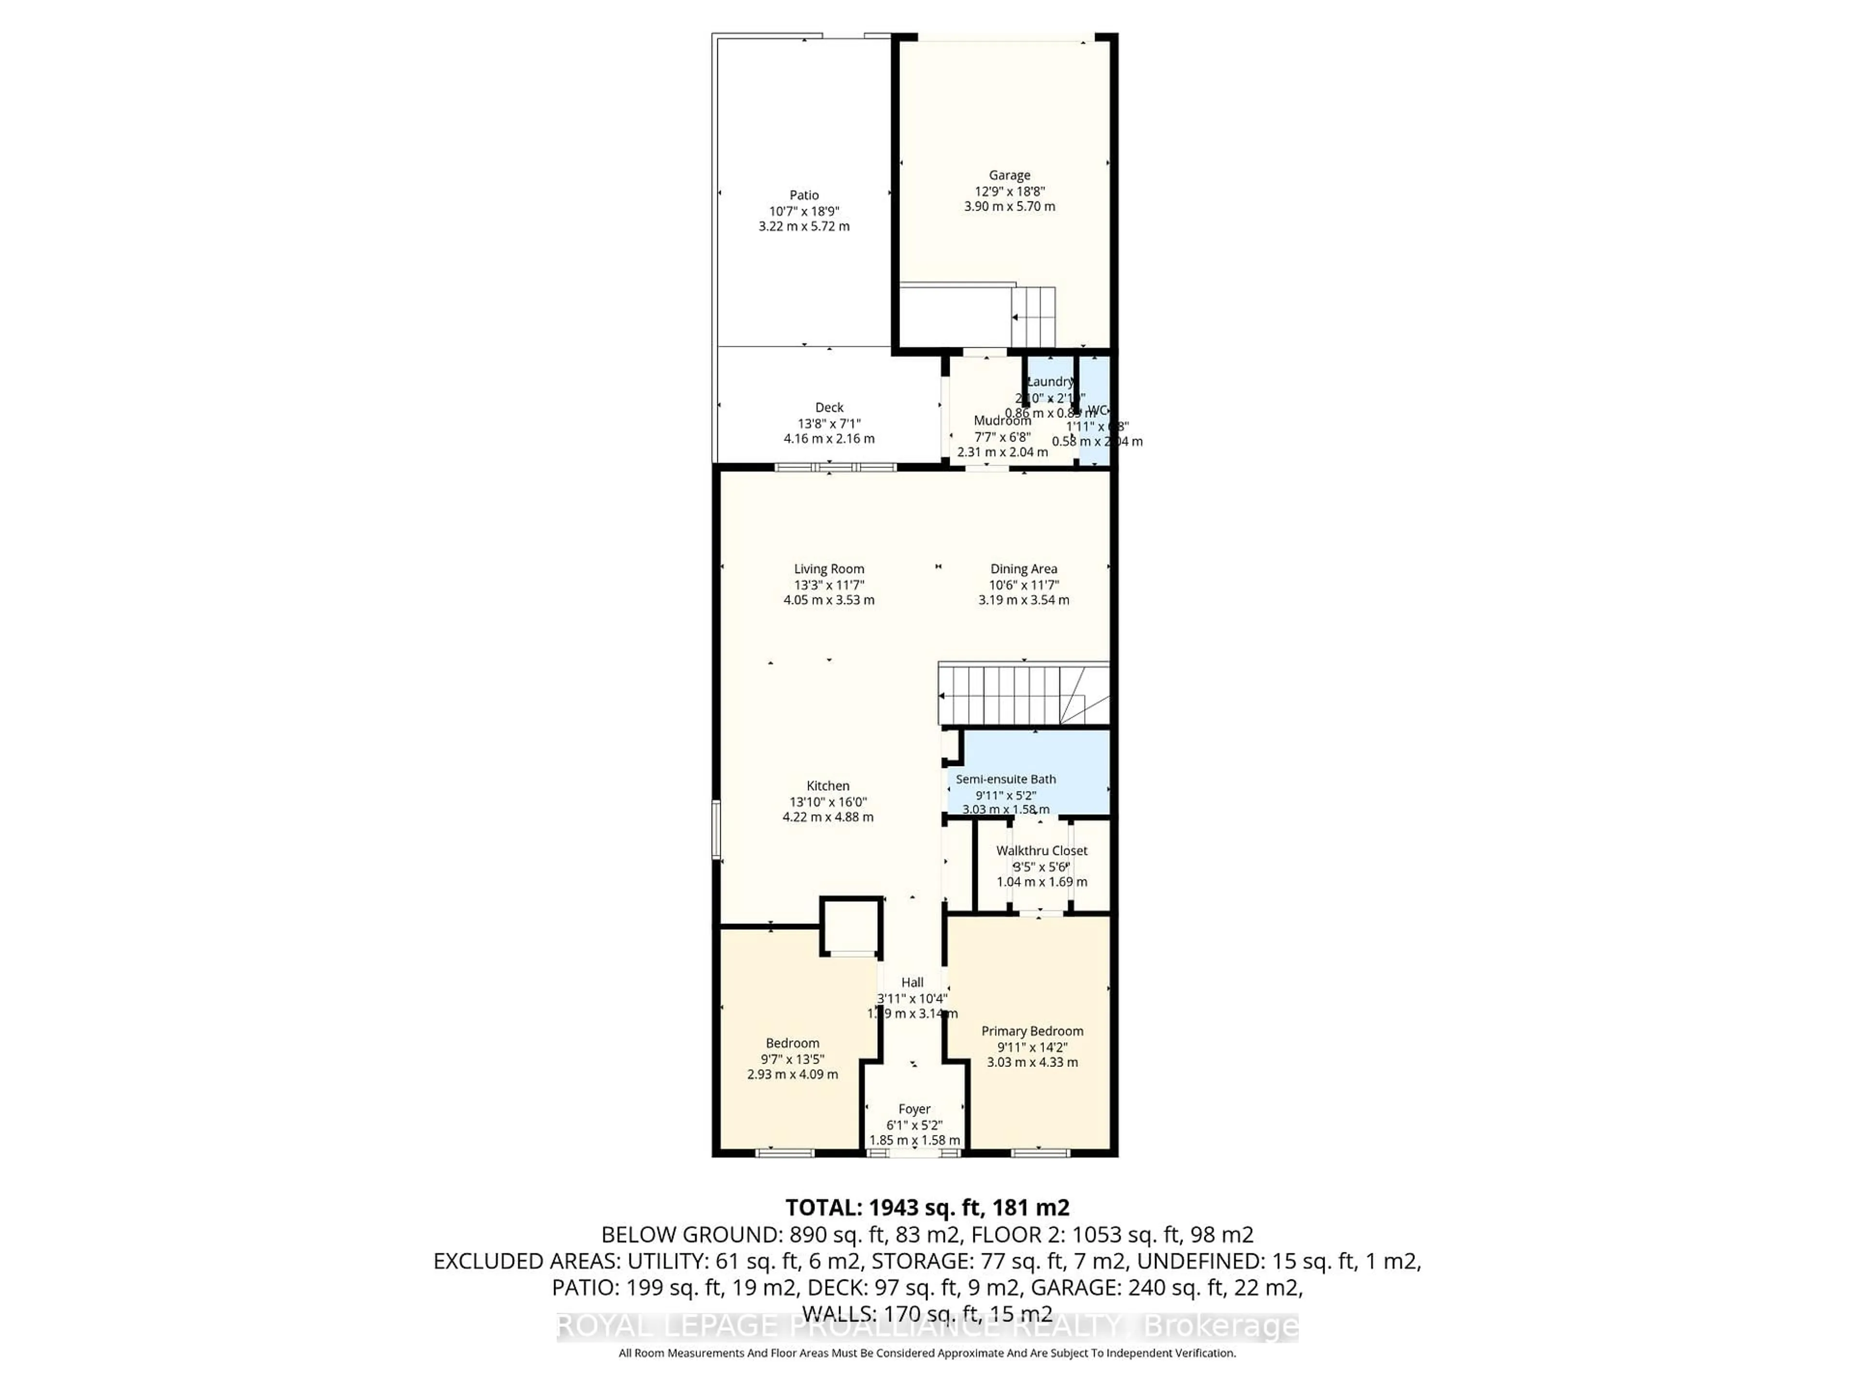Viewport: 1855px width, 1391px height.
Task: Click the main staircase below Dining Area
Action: pos(1023,694)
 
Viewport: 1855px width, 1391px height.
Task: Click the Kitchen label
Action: pos(828,786)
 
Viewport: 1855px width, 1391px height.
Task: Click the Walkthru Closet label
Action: pos(1042,850)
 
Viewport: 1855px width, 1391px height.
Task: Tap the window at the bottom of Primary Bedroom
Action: pos(1040,1153)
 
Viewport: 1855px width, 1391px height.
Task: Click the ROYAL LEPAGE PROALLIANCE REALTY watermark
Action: pos(839,1326)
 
